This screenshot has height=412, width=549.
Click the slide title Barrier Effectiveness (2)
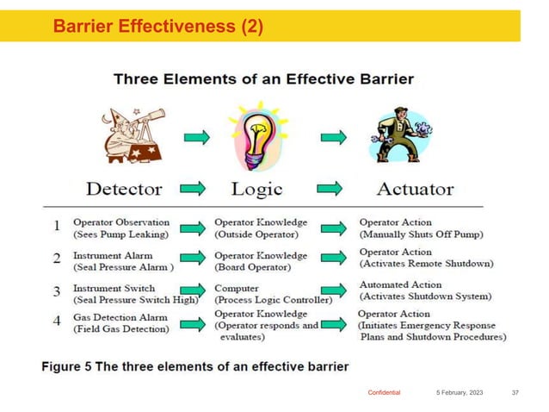click(x=157, y=28)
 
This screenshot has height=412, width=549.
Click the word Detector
click(x=125, y=188)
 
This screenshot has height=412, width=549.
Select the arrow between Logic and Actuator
click(x=330, y=187)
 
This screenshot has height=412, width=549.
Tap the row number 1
click(x=57, y=227)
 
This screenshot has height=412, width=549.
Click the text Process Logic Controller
click(x=273, y=299)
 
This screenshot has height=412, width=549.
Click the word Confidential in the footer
click(x=384, y=392)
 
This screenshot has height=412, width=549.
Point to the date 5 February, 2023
click(x=458, y=392)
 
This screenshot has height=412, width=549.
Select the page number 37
click(x=515, y=392)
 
